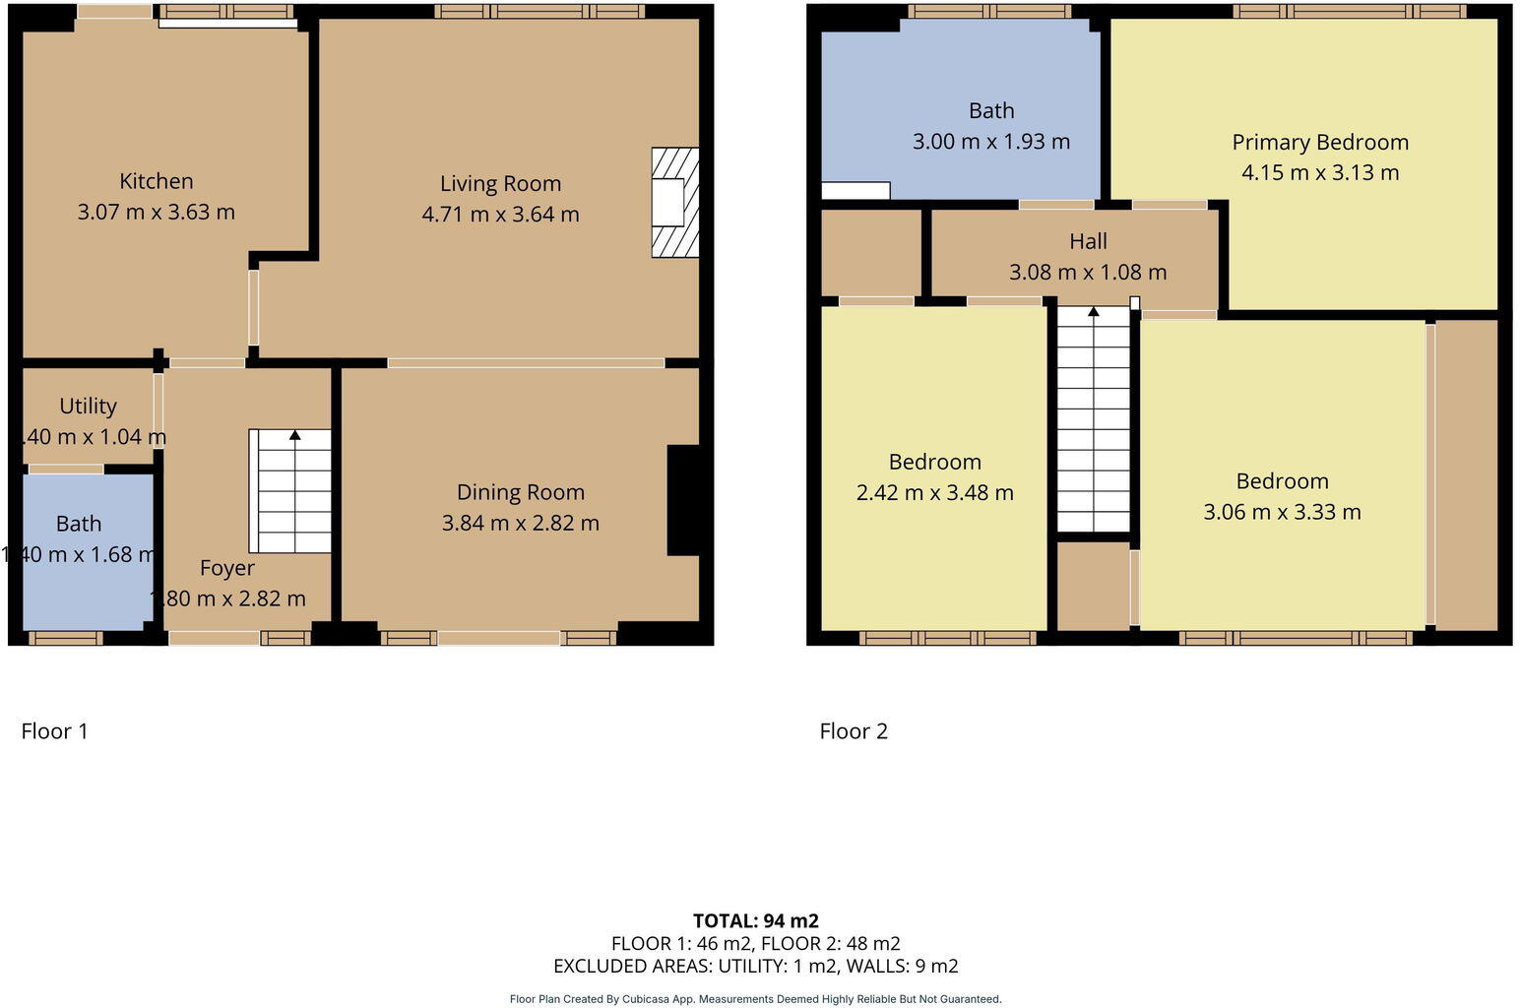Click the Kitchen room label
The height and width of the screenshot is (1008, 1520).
(156, 181)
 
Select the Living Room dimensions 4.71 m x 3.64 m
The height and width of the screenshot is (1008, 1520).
(500, 214)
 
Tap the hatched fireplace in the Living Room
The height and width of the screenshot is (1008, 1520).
(674, 203)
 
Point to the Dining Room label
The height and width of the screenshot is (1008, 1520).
(520, 492)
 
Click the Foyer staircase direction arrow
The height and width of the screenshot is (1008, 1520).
(294, 435)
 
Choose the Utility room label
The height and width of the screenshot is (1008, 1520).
(88, 406)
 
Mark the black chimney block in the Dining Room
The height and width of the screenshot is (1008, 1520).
(683, 500)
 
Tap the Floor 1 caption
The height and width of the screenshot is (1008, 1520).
(54, 730)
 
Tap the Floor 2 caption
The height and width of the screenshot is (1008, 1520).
(854, 730)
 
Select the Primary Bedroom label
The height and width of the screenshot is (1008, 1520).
(1319, 142)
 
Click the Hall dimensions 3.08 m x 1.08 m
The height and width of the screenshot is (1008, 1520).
(1087, 272)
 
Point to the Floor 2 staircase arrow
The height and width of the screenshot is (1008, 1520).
(1093, 312)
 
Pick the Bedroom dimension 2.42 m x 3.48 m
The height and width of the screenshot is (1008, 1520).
(934, 492)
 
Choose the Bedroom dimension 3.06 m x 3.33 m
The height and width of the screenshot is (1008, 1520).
(1282, 512)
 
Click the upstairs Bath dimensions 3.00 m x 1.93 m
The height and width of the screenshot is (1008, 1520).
(990, 141)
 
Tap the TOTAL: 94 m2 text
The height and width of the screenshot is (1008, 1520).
(755, 920)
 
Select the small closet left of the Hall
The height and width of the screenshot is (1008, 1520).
(870, 252)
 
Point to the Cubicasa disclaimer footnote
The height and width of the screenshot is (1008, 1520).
(755, 999)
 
